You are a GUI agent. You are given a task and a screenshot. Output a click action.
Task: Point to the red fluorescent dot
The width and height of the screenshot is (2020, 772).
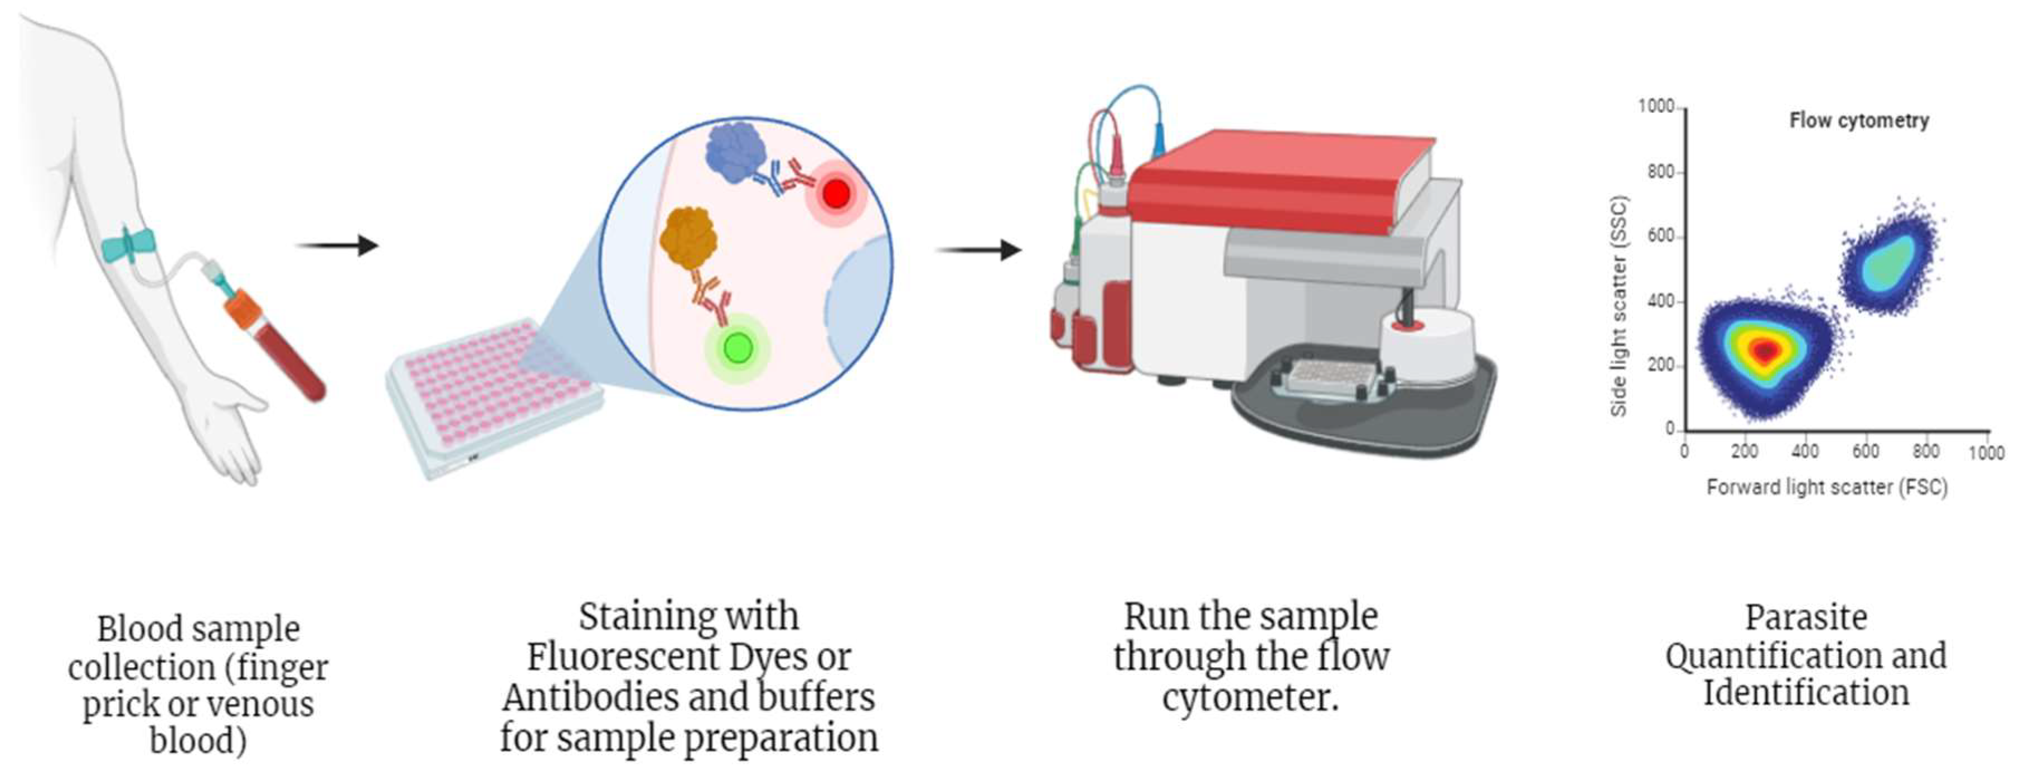pyautogui.click(x=836, y=193)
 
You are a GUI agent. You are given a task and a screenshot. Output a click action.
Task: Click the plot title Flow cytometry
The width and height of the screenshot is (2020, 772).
pyautogui.click(x=1858, y=121)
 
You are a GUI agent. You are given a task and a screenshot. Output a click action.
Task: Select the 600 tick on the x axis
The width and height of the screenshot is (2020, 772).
pyautogui.click(x=1865, y=451)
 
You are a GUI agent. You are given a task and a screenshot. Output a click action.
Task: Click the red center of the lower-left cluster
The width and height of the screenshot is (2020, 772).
pyautogui.click(x=1764, y=351)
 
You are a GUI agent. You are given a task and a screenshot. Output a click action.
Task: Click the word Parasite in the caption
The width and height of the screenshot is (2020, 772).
pyautogui.click(x=1805, y=618)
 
